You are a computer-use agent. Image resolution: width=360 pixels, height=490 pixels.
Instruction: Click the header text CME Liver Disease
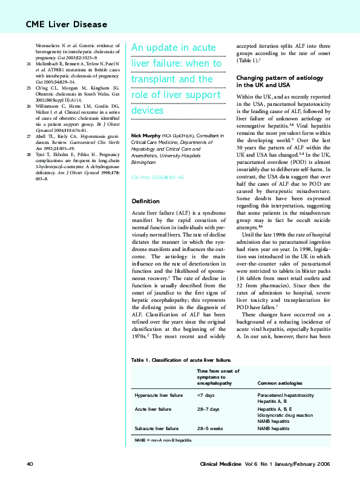pos(66,24)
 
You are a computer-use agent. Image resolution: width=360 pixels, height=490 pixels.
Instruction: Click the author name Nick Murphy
pos(148,135)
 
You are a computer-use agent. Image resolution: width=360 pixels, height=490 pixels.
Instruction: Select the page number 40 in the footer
pos(29,463)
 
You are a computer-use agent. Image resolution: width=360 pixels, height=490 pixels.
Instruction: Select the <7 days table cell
pos(205,395)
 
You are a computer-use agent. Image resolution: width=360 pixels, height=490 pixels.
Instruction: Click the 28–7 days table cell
pos(208,410)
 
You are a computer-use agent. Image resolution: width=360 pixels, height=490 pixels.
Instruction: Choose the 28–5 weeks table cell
pos(210,428)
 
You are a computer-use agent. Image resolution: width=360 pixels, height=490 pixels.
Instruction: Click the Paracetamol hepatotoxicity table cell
pos(286,395)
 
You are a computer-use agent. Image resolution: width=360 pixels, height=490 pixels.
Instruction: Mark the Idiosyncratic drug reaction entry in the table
pos(285,416)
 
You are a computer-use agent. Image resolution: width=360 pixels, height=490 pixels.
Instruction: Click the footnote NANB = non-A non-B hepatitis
pos(163,440)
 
